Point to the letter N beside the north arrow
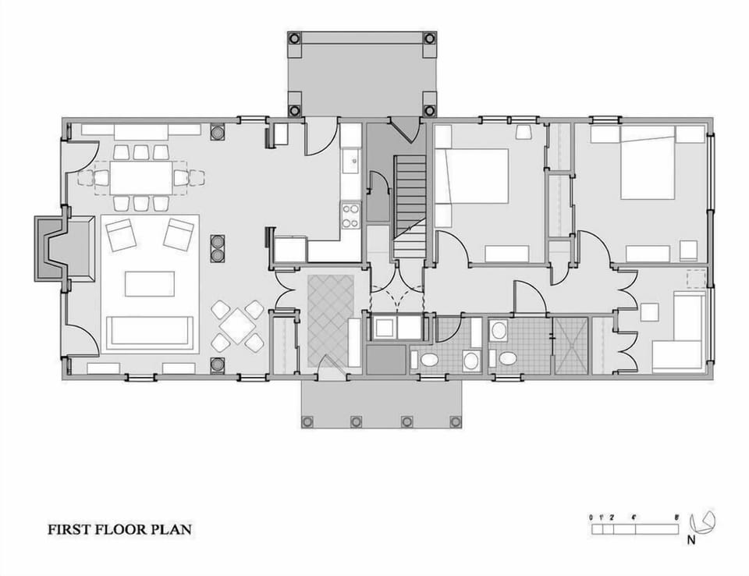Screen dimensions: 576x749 [691, 539]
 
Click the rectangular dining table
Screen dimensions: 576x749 [140, 177]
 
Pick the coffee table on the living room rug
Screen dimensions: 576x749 [149, 283]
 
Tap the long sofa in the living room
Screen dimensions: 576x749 [150, 331]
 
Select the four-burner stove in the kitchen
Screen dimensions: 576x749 [350, 215]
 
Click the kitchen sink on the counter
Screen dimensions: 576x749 [350, 162]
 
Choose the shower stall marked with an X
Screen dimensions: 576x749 [570, 345]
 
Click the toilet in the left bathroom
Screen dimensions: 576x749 [428, 361]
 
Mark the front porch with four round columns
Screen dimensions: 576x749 [381, 404]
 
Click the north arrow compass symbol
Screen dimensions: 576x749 [705, 521]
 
